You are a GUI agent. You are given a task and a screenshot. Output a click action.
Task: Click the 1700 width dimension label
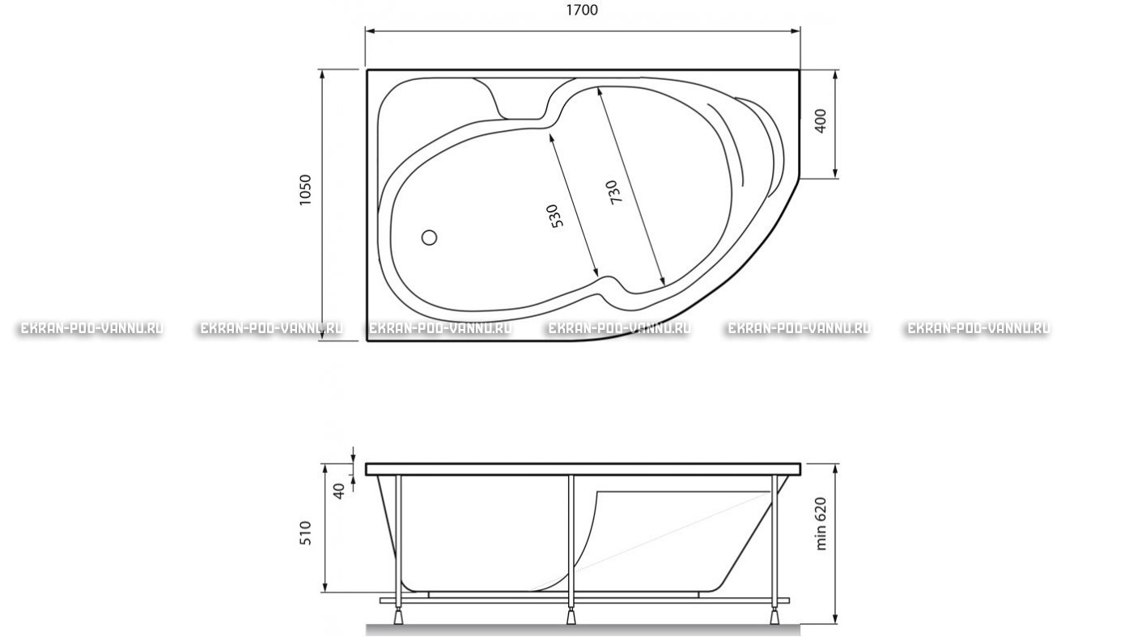(x=581, y=10)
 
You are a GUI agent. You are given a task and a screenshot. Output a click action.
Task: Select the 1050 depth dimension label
(x=306, y=190)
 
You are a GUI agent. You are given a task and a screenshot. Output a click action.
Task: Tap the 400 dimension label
(x=821, y=121)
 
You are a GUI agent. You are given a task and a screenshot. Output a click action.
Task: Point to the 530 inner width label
(x=555, y=216)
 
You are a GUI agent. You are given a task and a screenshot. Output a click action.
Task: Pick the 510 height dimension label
(x=306, y=533)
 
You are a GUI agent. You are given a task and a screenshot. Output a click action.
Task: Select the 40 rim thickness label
(x=339, y=491)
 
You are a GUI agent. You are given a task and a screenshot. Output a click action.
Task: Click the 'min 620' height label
(x=821, y=523)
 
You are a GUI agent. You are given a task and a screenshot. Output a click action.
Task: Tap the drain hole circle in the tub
(x=429, y=238)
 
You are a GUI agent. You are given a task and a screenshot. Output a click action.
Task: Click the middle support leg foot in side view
(x=571, y=616)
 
